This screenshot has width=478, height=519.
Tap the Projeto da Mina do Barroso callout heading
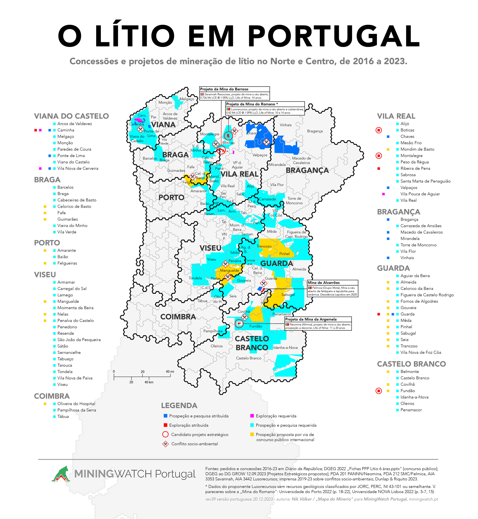pos(224,89)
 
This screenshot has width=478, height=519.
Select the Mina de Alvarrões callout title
pos(324,283)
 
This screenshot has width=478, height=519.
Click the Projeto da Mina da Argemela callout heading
pos(311,319)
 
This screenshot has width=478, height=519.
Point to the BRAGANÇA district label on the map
pos(307,170)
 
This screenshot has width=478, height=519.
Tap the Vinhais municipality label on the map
pos(286,125)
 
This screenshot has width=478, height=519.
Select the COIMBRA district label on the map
pos(178,317)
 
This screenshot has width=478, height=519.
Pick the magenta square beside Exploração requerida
pos(252,416)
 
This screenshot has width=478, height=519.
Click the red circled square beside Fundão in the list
pos(378,391)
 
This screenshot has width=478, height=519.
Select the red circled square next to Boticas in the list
pos(378,130)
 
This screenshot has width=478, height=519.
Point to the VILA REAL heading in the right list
pos(396,116)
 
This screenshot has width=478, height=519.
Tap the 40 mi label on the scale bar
pos(170,372)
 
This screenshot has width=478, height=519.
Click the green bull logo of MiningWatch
pos(61,474)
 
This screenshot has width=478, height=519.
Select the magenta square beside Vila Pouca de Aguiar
pos(383,194)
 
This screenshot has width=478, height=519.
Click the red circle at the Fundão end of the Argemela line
pos(239,323)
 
